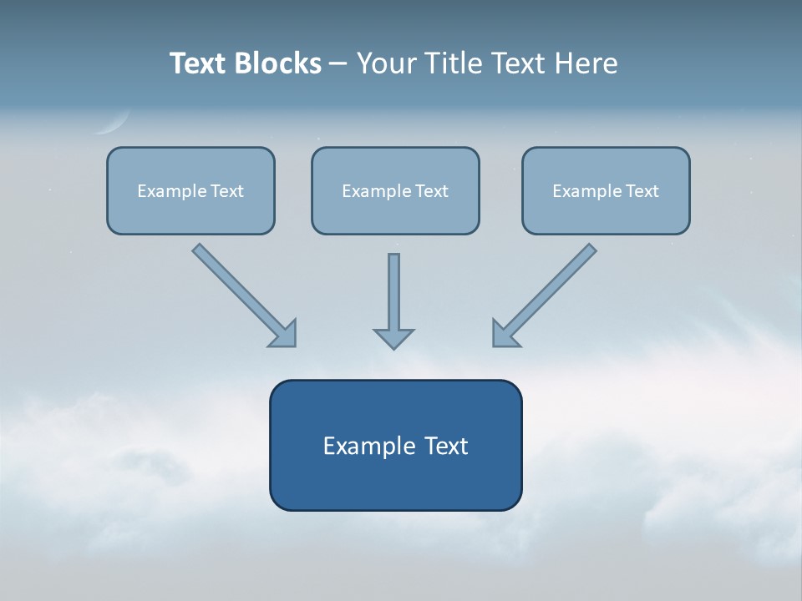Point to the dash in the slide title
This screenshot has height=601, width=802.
pos(338,64)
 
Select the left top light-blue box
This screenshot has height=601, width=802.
pos(190,190)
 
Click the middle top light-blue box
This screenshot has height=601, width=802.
pos(395,190)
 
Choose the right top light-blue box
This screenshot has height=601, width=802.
pos(606,190)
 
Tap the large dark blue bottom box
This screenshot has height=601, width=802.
pos(395,445)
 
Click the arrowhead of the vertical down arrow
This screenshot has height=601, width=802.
pos(393,338)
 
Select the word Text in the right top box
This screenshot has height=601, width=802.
pos(642,191)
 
